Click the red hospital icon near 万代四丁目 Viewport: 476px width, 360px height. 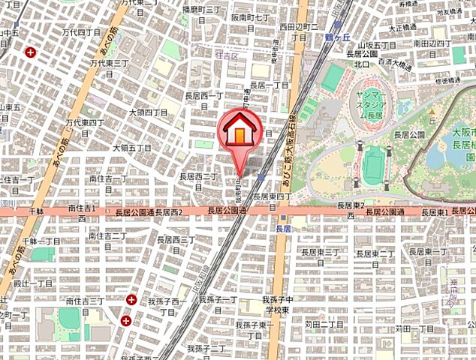point(30,52)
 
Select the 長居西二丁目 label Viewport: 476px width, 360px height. point(197,181)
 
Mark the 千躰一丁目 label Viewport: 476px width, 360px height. point(42,241)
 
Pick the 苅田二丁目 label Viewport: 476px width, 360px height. point(324,324)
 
